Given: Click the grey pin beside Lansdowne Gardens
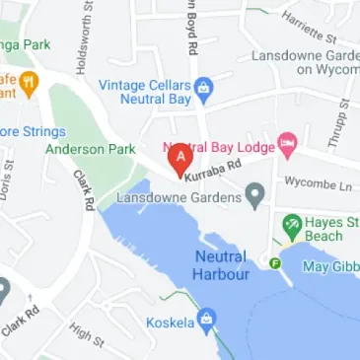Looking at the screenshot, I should (x=256, y=193).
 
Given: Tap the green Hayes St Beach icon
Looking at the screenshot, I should (x=291, y=226).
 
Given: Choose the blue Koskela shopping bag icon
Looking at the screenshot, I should (x=206, y=320).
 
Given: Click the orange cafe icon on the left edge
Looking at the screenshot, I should (x=30, y=84).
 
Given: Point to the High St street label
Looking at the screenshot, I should (x=86, y=334).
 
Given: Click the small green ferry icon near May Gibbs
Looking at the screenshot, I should (x=274, y=262).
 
